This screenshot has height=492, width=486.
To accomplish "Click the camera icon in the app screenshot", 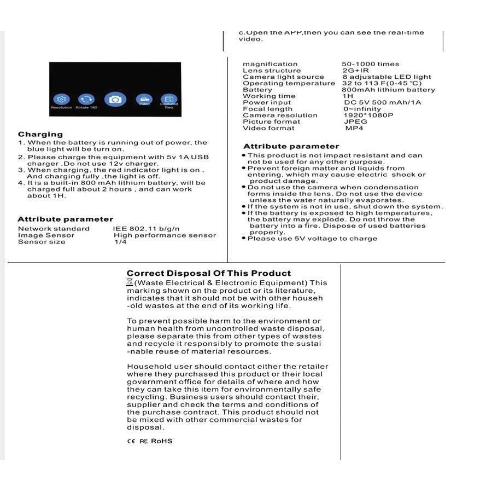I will coord(115,99).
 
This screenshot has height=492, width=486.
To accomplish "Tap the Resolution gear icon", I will coord(61,99).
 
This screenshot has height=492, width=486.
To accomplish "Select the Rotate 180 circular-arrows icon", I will coord(86,99).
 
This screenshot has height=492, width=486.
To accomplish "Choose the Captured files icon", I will coord(169,100).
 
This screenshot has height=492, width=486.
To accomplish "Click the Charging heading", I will coord(40,134).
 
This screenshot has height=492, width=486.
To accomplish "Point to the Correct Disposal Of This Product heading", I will coord(209,273).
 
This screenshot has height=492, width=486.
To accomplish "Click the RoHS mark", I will coord(161,441).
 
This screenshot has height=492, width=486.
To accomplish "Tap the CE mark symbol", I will coord(131,441).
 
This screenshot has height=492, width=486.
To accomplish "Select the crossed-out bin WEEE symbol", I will coord(130,282).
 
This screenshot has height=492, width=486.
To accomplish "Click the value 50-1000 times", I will coord(371,64).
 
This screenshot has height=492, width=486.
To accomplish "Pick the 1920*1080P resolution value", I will coord(368,115).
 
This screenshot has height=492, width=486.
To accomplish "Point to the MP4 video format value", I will coord(354,128).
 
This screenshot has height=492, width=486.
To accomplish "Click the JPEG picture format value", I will coord(355,121).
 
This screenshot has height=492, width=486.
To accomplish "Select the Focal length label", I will coord(267,109).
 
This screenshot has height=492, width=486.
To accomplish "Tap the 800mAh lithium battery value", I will coord(389,90).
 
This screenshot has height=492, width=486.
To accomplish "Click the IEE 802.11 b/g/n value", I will coord(147,229).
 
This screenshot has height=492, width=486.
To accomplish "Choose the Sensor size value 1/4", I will coord(120,242).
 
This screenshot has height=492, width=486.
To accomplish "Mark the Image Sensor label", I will coord(46,235).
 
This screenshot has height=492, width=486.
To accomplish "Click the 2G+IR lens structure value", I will coord(355,71).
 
